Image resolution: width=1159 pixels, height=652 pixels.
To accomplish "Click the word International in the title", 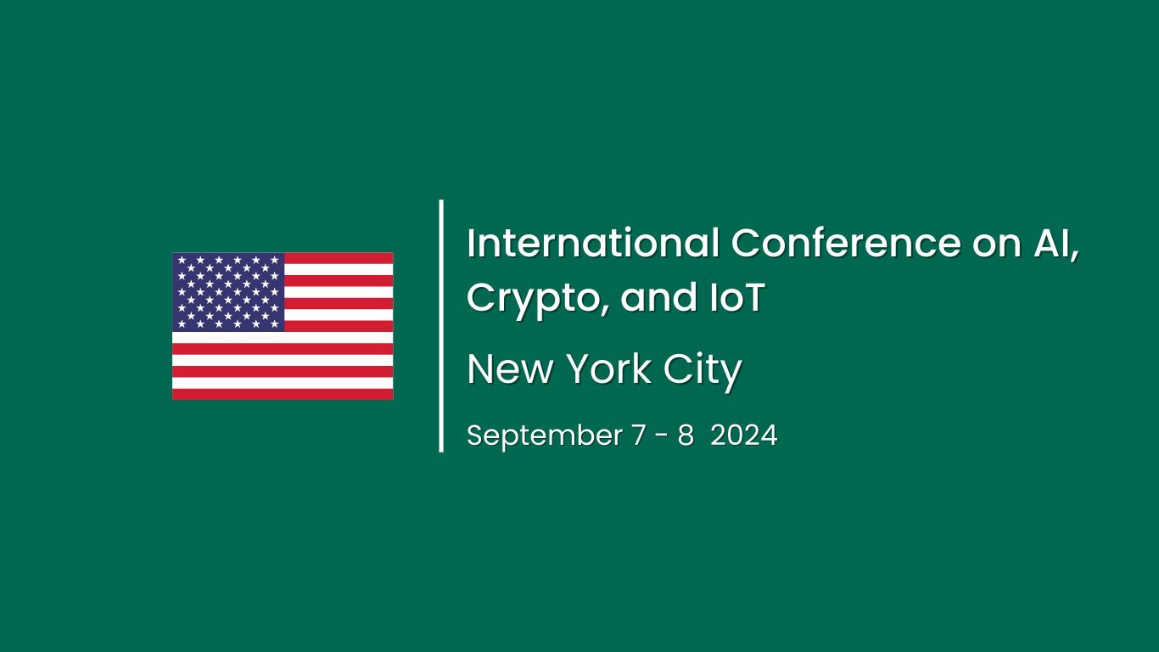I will coord(593,244).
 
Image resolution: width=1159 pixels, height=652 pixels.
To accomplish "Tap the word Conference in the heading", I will coord(846,244).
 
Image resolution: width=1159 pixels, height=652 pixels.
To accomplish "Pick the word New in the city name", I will coord(507,369).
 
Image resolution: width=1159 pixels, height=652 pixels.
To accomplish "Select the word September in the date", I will coord(545,436).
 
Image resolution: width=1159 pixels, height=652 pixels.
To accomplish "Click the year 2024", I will coord(744,436).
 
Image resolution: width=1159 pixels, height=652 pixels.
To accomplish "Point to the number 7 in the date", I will coord(638,436).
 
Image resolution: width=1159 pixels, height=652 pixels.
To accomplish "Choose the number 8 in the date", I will coord(685,436).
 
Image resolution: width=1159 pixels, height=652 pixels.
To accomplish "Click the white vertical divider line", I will coord(441,326).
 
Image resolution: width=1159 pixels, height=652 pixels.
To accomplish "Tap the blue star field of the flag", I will coord(228,291).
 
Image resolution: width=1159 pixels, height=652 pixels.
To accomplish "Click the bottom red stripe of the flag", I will coord(283,395).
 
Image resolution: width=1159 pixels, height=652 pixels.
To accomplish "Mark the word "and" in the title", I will coord(650,298).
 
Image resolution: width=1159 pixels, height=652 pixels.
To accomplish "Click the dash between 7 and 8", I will coord(662,436).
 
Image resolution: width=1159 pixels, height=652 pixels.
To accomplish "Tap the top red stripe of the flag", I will coord(339,257).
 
